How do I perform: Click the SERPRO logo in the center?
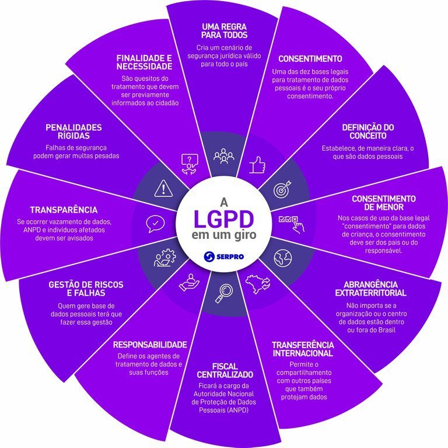tap(224, 256)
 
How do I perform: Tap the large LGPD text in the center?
tap(224, 220)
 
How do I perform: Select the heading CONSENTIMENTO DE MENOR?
tap(383, 203)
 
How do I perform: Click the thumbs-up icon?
tap(257, 166)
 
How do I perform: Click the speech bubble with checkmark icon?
tap(155, 222)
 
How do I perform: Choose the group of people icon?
tap(223, 157)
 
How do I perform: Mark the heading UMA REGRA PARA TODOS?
tap(224, 31)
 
